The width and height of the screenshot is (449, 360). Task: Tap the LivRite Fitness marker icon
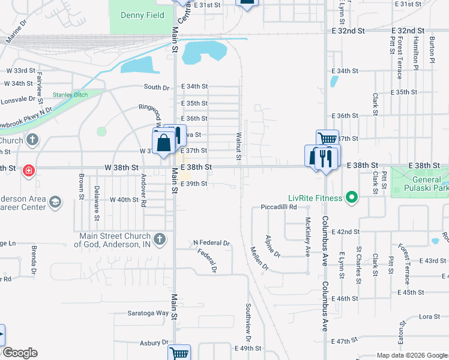point(353,197)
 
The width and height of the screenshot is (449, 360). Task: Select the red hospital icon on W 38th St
point(28,172)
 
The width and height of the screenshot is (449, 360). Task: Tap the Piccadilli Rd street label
point(274,207)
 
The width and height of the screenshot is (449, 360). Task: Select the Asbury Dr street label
point(154,343)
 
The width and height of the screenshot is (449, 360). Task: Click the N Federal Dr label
point(211,243)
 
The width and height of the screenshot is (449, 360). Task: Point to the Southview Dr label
point(247,319)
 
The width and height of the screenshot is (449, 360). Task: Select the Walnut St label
point(238,146)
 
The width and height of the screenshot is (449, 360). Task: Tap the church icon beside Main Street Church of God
point(160,240)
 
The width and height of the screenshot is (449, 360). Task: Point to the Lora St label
point(425,316)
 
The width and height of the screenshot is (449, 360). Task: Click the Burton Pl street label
point(432,49)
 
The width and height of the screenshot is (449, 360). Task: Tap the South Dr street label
point(157,87)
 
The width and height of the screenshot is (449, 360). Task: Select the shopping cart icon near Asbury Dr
point(179,353)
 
